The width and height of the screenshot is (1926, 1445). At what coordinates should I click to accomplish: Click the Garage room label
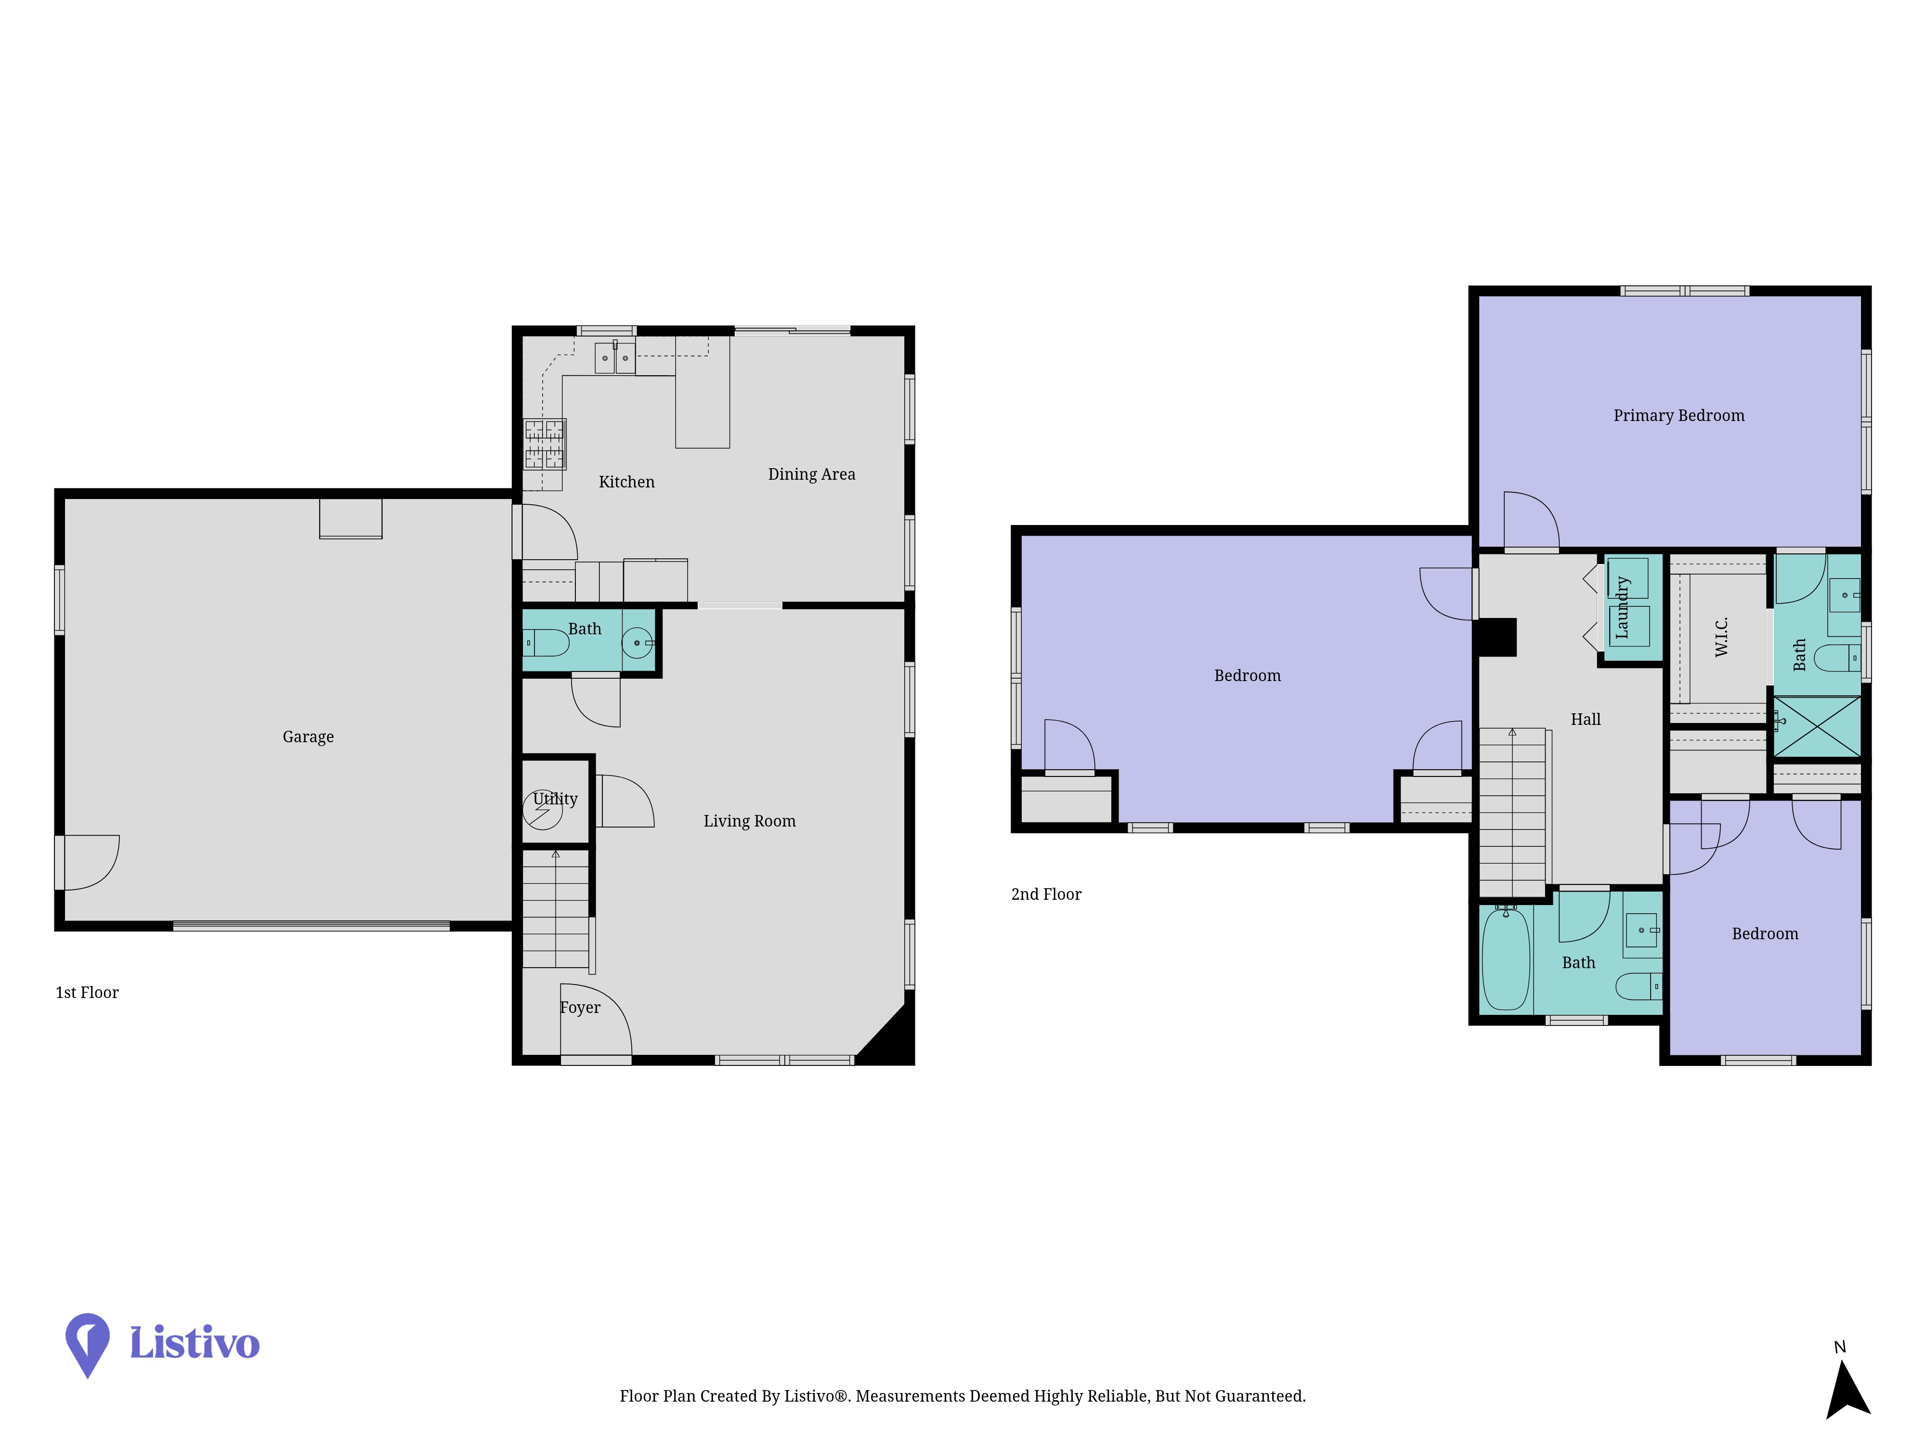[x=308, y=737]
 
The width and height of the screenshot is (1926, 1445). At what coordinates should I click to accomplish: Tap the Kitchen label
[x=627, y=482]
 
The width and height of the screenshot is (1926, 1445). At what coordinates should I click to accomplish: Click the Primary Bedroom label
[x=1679, y=416]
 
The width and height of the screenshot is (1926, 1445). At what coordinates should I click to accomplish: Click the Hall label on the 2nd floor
[x=1586, y=720]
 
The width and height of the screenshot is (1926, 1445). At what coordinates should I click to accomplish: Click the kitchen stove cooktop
[x=544, y=444]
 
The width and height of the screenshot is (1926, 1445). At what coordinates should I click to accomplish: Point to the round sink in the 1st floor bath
[x=638, y=643]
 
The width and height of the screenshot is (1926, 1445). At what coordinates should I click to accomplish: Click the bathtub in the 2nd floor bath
[x=1506, y=958]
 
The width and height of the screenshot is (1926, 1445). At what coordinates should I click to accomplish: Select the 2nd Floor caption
[x=1046, y=894]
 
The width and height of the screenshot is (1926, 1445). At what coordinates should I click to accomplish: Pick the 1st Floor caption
[x=87, y=993]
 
